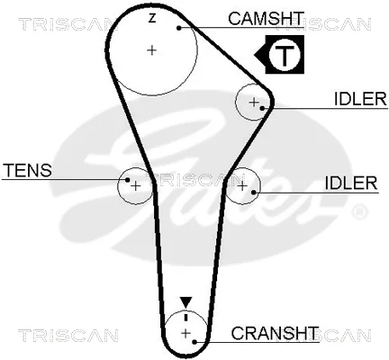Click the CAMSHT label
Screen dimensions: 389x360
click(x=266, y=18)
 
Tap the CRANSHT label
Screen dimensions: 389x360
click(x=275, y=333)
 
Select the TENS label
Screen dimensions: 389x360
click(x=28, y=170)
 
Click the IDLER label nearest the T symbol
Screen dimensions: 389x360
click(x=360, y=99)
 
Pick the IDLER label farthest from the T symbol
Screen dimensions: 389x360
click(x=351, y=183)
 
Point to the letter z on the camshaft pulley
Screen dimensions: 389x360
click(x=152, y=18)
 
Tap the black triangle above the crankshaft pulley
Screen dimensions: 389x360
click(x=185, y=302)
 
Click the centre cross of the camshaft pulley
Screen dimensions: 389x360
click(x=152, y=49)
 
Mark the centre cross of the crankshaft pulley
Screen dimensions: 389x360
click(x=186, y=333)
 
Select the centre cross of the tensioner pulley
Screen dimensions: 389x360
click(x=136, y=186)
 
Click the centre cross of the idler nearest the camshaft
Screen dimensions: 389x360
click(x=254, y=103)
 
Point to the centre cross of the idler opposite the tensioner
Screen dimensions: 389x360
click(x=242, y=186)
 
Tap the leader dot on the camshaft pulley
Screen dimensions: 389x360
click(x=179, y=28)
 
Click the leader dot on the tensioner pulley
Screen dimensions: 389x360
click(x=128, y=180)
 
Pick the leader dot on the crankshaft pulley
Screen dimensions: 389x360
click(x=194, y=342)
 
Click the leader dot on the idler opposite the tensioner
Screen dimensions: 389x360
click(x=254, y=192)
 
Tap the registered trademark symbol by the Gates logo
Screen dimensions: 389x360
click(x=358, y=211)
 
